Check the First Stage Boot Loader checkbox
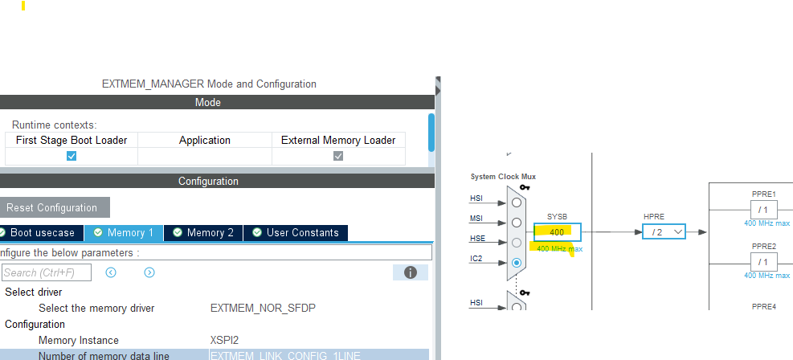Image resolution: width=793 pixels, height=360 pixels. coord(72,156)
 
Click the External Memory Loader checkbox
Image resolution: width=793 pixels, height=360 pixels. coord(338,156)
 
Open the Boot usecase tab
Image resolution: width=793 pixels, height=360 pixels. coord(42,233)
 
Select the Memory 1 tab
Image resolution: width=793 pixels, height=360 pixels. coord(124,233)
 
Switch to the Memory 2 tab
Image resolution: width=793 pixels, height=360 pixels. coord(203,233)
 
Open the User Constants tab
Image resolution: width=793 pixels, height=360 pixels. coord(296,233)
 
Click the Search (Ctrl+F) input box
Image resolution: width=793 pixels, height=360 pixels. coord(47,273)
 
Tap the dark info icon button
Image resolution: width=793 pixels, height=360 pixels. coord(410,272)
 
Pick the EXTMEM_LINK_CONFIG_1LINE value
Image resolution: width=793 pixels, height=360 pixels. coord(285,355)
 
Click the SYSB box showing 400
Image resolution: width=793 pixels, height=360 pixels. coord(557,232)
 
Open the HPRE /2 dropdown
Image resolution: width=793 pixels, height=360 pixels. coord(664,232)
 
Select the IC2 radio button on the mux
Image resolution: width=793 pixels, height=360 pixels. coord(516,262)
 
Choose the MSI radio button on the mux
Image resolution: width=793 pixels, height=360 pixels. coord(516,223)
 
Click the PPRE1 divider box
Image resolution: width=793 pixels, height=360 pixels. coord(763,210)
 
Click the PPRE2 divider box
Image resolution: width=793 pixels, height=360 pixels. coord(763,262)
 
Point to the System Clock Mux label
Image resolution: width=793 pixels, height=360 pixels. coord(503,177)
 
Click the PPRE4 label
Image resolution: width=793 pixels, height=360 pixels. coord(763,306)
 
